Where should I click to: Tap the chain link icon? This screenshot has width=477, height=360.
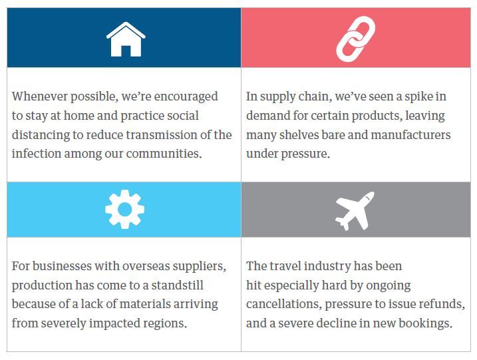pyautogui.click(x=355, y=39)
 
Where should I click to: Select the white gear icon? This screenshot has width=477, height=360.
pyautogui.click(x=124, y=209)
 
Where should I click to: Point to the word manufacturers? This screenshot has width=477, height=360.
pyautogui.click(x=410, y=135)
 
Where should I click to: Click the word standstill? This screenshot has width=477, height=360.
pyautogui.click(x=178, y=285)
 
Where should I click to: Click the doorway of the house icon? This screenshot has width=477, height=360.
pyautogui.click(x=126, y=51)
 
